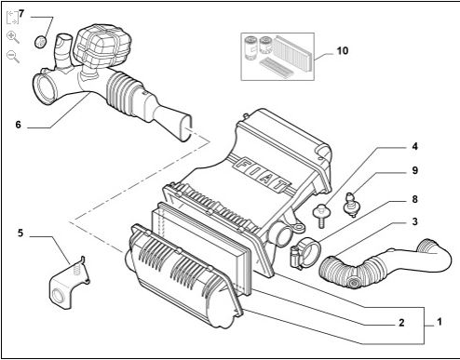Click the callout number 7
[x=21, y=14]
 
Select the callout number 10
[x=343, y=50]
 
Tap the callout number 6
[x=19, y=125]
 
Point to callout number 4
[x=415, y=146]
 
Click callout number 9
[x=415, y=170]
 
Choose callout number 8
[x=415, y=199]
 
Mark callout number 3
[x=415, y=221]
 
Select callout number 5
[x=20, y=233]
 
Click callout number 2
[x=401, y=323]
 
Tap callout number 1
[x=440, y=322]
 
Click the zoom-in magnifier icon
[x=13, y=37]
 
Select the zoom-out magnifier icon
[x=13, y=57]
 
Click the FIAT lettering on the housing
[x=263, y=175]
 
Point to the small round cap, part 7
[x=40, y=42]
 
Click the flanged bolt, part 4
[x=321, y=215]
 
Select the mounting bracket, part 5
[x=69, y=283]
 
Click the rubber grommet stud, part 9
[x=352, y=204]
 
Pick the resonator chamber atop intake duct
[x=102, y=46]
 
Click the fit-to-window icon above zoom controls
[x=13, y=17]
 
